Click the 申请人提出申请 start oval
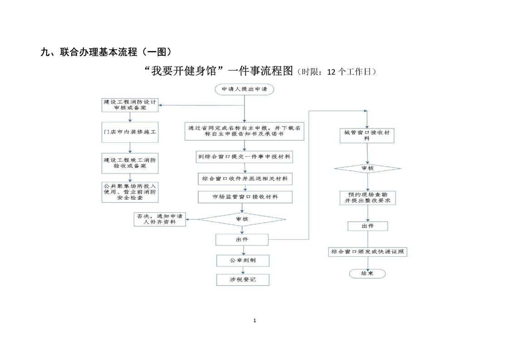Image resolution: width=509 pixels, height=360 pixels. pos(244,89)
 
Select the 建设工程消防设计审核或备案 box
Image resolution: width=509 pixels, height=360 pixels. pos(130,105)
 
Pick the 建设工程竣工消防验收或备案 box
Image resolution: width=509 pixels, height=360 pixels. pos(130,163)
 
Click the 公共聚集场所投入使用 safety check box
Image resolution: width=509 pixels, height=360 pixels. pos(130,192)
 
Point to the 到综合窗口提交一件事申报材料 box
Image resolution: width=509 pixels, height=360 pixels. pos(244,157)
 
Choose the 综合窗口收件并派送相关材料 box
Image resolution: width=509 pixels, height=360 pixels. pos(245,179)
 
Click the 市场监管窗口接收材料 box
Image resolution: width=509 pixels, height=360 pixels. pos(245,197)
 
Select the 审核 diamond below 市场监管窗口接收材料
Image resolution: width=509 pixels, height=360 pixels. pos(242,219)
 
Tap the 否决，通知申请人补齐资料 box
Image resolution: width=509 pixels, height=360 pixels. pos(160,219)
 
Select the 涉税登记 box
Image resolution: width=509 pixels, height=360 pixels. pos(243,280)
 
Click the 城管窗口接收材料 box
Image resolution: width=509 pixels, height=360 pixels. pos(367,135)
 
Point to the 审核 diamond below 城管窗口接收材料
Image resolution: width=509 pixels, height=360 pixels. pos(367,169)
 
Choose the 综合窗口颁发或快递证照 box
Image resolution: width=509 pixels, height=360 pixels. pos(367,252)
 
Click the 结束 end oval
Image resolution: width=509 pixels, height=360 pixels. pos(367,273)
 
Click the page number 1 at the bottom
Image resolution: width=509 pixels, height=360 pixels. pos(254,321)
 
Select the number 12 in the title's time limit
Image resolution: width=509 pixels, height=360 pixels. pos(332,72)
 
